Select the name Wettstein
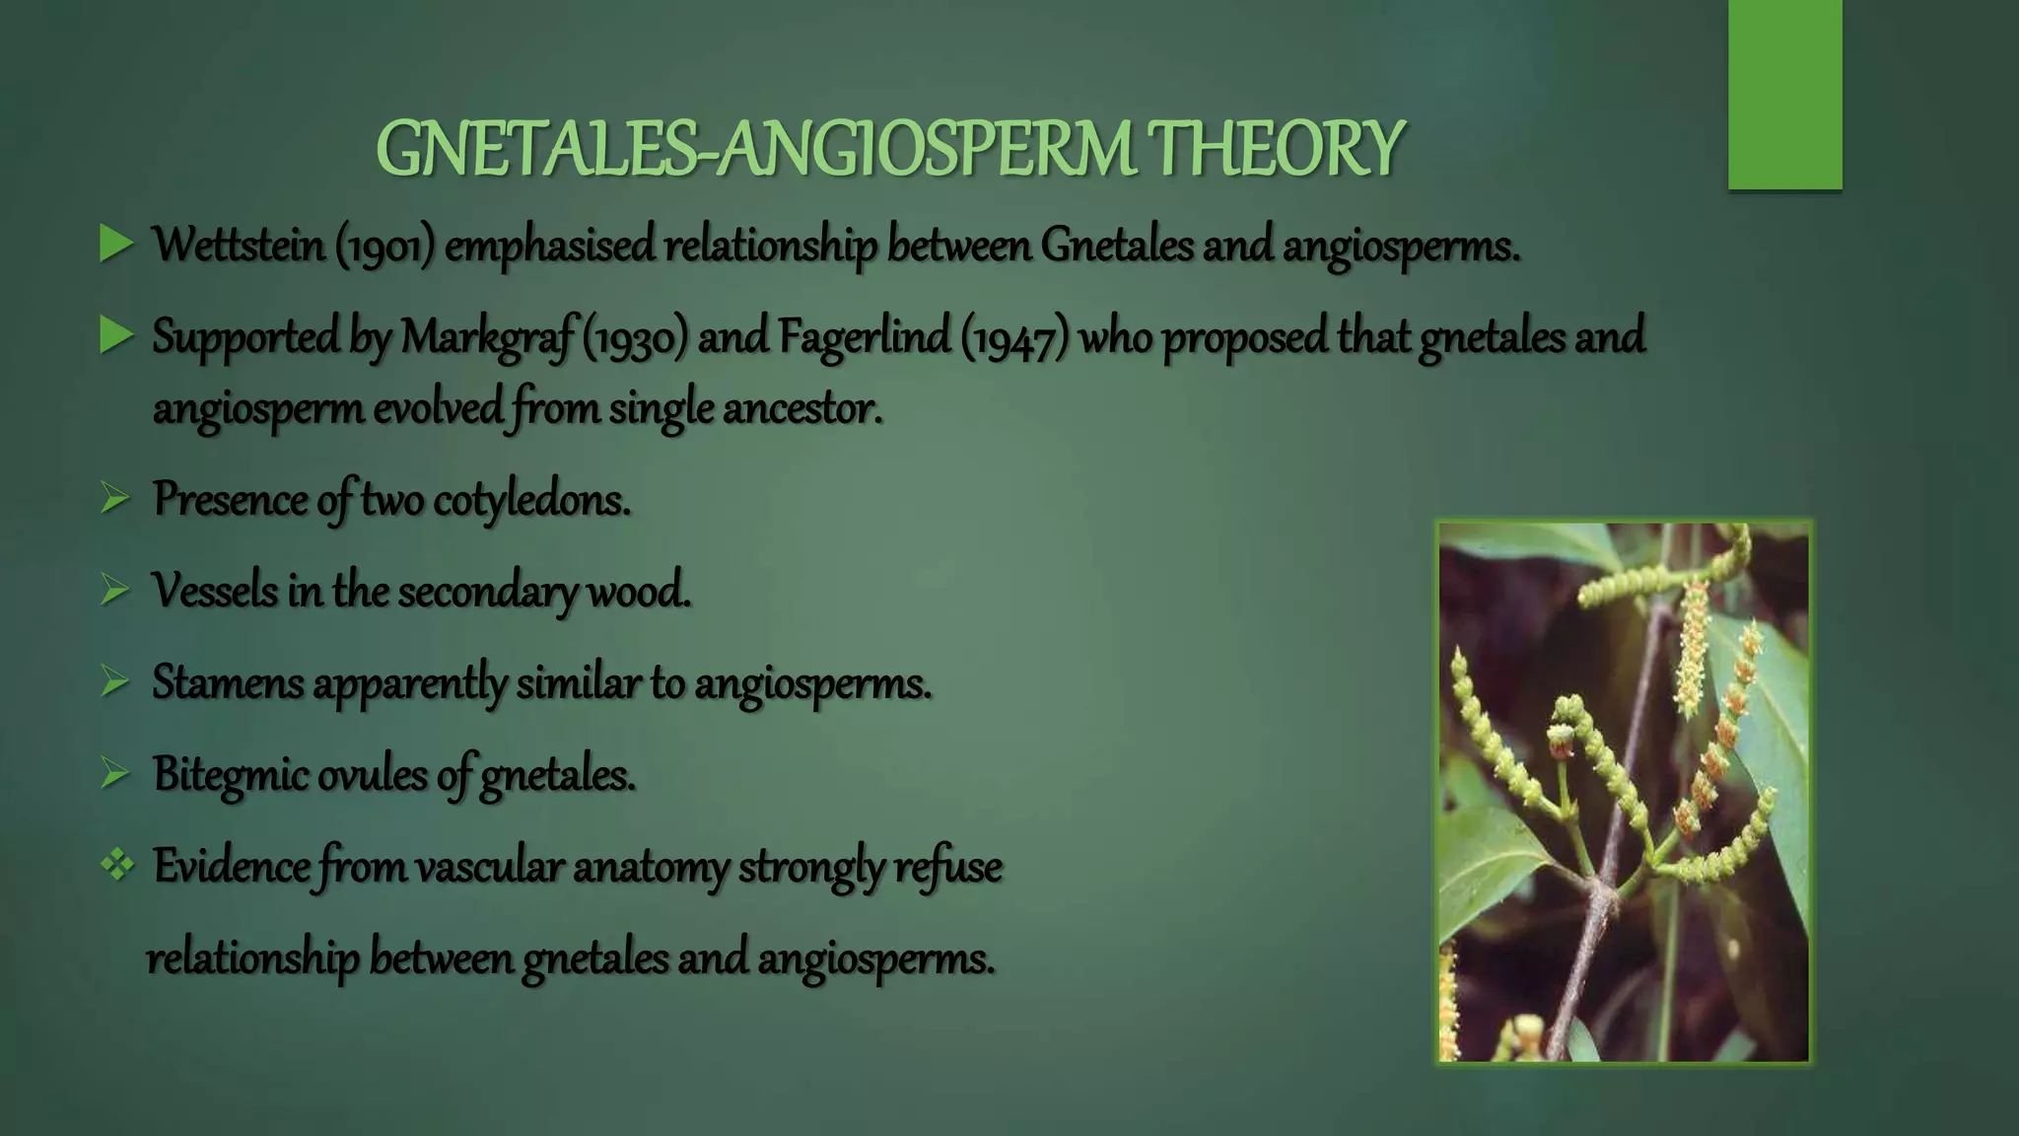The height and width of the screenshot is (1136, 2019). point(238,245)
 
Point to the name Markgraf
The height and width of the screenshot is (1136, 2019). point(487,337)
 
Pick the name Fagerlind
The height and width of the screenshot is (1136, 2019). point(864,337)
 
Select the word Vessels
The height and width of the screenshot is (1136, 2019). point(214,592)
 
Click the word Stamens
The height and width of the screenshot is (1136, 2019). point(228,682)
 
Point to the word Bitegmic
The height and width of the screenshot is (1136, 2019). point(230,775)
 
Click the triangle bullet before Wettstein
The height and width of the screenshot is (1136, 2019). point(115,245)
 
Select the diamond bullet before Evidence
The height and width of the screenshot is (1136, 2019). point(116,866)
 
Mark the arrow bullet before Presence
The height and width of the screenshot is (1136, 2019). point(114,500)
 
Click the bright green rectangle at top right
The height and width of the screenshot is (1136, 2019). point(1784,94)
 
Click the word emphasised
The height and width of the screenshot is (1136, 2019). point(549,246)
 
